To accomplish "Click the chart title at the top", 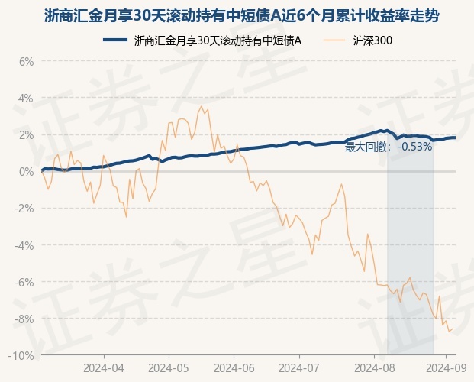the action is pos(241,16).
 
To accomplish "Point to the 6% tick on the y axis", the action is pos(26,62).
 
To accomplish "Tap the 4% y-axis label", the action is pos(26,99).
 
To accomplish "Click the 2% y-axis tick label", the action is pos(26,135).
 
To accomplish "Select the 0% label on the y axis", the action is pos(26,172).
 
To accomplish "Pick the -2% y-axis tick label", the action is pos(24,209).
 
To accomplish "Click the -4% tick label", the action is pos(24,245).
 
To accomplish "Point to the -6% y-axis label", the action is pos(24,282).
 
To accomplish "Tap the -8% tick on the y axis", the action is pos(24,319).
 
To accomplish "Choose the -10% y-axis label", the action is pos(21,356).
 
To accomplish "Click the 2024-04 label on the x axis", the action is pos(104,368).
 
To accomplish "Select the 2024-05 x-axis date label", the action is pos(169,368).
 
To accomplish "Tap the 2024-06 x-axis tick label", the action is pos(234,368).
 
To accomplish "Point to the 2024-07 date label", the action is pos(299,368).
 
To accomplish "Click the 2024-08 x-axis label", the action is pos(374,368).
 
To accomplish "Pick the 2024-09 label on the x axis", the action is pos(446,368).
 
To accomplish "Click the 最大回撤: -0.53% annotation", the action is pos(389,147).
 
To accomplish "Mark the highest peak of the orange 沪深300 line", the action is pos(201,106).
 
